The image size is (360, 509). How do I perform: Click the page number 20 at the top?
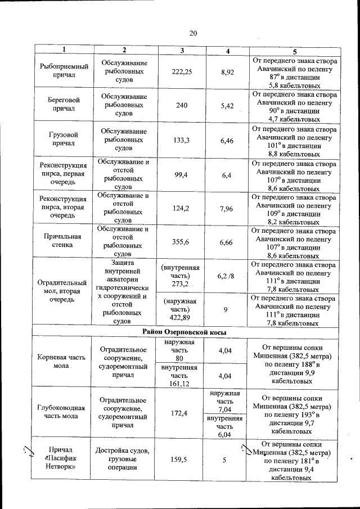[193, 33]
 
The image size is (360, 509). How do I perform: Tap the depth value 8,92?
[227, 72]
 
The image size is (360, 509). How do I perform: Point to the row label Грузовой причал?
[64, 139]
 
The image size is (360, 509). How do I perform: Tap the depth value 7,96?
[227, 209]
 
